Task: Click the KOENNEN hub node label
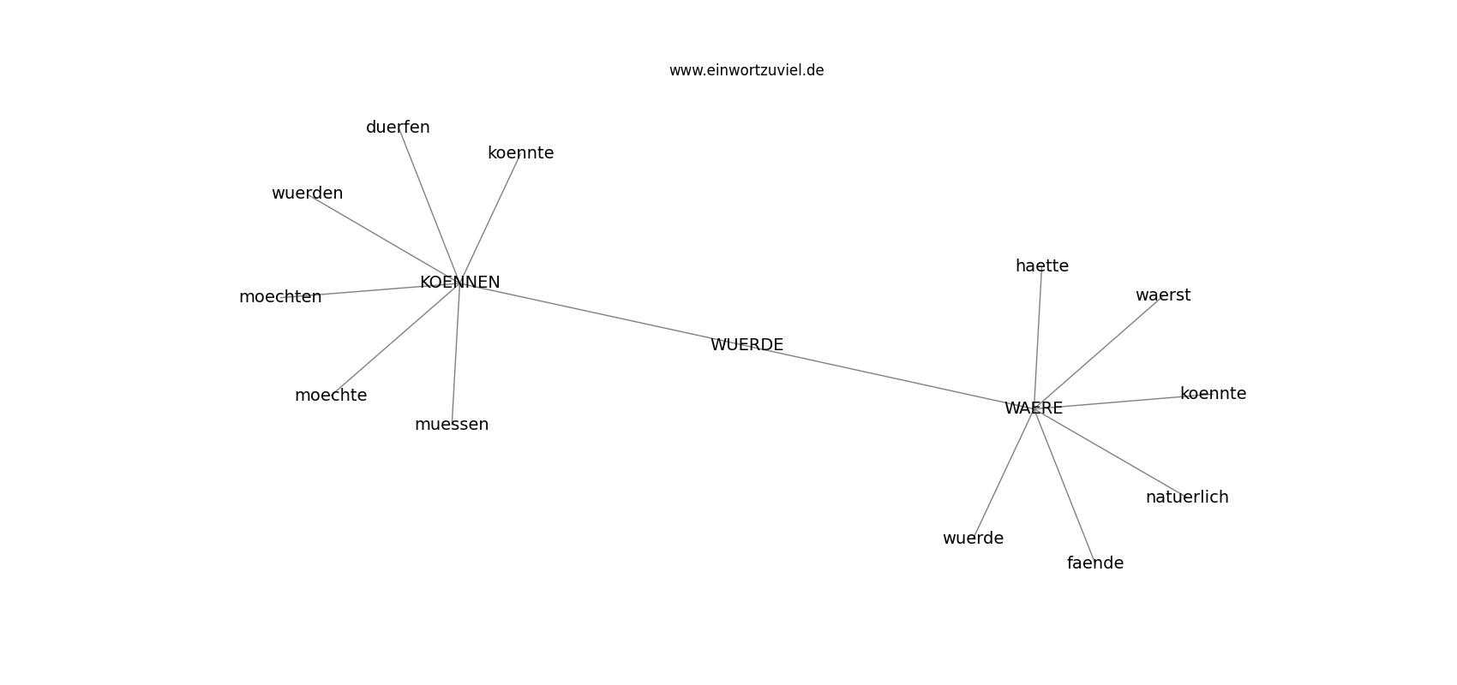click(x=460, y=282)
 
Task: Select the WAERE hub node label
click(x=1034, y=408)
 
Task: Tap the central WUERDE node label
click(x=746, y=344)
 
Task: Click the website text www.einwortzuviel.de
click(x=746, y=70)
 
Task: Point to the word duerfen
click(x=398, y=128)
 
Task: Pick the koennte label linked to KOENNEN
click(x=521, y=152)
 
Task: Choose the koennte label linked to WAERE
click(x=1213, y=393)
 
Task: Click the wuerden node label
click(x=307, y=193)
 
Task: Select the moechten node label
click(x=280, y=297)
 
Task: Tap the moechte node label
click(x=331, y=395)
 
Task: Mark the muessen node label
click(x=452, y=425)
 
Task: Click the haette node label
click(x=1042, y=265)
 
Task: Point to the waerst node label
click(x=1163, y=295)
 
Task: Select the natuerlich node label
click(x=1187, y=497)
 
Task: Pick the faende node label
click(x=1095, y=563)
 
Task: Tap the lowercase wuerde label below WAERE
click(x=973, y=538)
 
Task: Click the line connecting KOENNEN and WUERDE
click(x=603, y=313)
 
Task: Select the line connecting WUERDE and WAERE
click(x=890, y=376)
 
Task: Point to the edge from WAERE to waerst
click(x=1098, y=352)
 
